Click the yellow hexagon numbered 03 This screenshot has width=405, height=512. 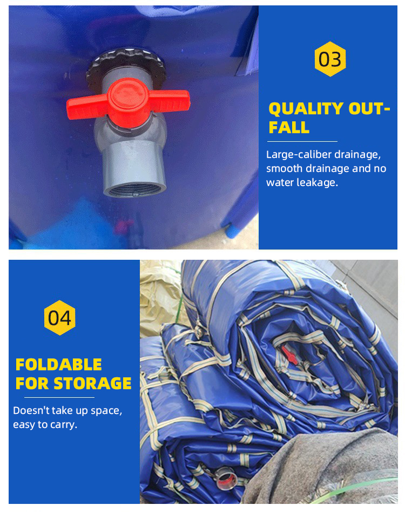330,59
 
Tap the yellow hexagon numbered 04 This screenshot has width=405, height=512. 59,318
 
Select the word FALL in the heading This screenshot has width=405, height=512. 289,127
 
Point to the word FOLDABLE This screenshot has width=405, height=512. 58,365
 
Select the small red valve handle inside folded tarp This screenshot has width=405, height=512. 289,355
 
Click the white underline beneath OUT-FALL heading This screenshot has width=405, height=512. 302,141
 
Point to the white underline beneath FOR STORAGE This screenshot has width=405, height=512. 59,397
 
